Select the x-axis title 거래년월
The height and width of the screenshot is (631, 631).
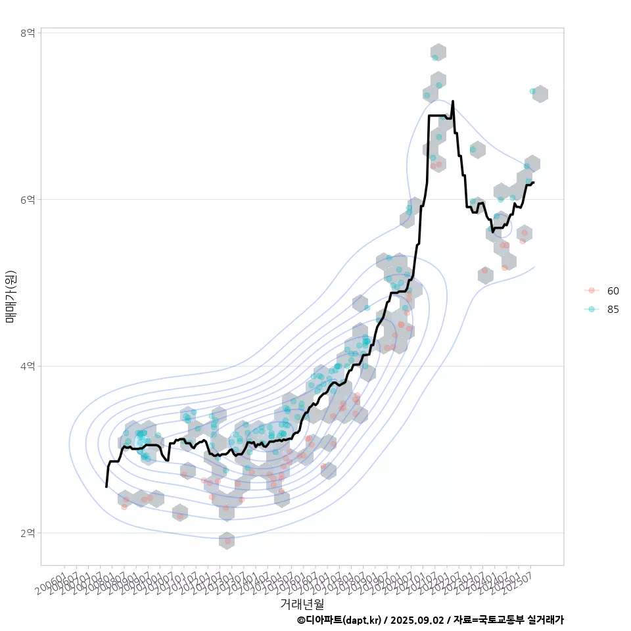coord(302,603)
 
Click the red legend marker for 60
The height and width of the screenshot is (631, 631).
coord(592,291)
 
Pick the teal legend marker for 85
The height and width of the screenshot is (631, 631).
coord(592,310)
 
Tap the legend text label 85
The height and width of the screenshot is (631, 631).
coord(613,310)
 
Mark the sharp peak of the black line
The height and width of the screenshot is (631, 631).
coord(453,101)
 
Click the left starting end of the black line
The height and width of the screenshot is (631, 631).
coord(106,486)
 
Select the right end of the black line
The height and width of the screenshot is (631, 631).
coord(534,182)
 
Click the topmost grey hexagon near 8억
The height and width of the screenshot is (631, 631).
coord(438,52)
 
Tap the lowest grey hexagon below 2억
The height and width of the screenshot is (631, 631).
coord(227,540)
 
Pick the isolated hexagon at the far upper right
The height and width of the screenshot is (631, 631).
coord(540,94)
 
